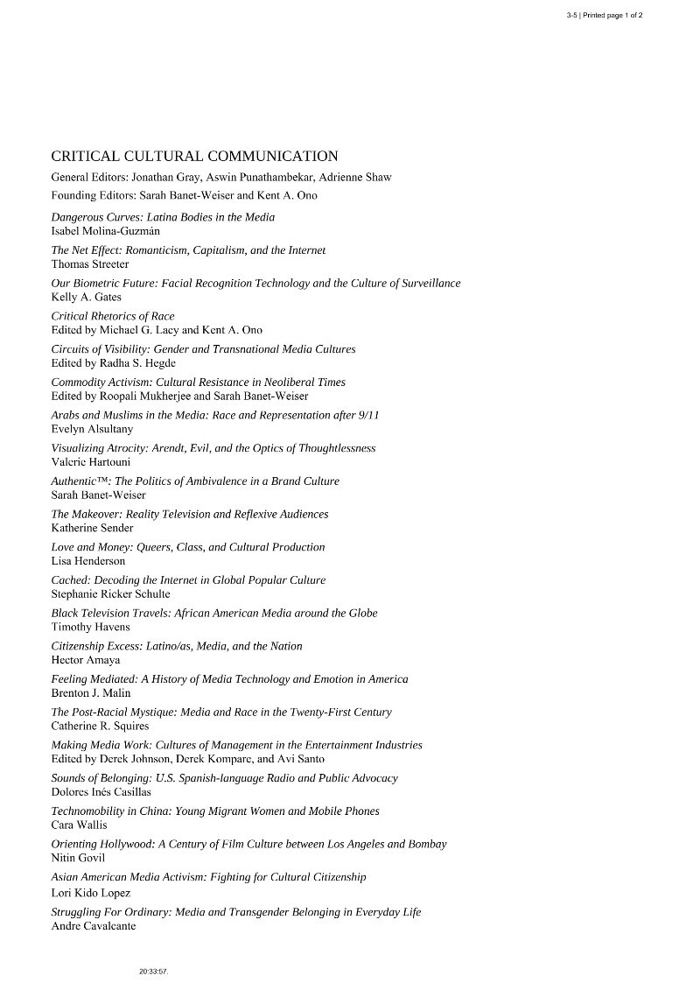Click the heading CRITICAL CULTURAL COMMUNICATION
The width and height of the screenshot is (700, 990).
click(194, 157)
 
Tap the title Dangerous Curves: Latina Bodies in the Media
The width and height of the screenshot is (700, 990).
click(163, 217)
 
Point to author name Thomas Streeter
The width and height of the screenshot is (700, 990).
click(90, 263)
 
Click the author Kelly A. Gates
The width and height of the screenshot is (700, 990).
click(86, 297)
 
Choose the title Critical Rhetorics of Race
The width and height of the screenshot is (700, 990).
click(113, 316)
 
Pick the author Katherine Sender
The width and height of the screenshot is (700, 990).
click(93, 528)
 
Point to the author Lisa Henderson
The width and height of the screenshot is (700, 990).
click(88, 561)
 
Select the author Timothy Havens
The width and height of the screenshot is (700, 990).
click(90, 627)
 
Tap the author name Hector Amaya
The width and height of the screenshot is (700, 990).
click(86, 660)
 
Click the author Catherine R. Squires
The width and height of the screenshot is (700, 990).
click(101, 726)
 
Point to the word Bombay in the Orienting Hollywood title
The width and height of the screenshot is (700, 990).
click(426, 845)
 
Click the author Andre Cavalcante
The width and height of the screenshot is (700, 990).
click(94, 926)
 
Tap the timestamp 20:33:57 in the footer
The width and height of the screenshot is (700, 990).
click(152, 972)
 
